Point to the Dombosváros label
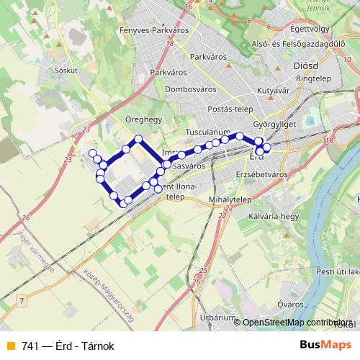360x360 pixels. [191, 90]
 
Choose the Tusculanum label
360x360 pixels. [207, 133]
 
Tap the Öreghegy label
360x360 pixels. [142, 120]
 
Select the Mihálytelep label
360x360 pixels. [229, 199]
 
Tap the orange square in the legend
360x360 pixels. [10, 346]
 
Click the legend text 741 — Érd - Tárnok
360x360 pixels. [68, 346]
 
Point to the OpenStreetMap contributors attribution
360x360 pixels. [297, 323]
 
